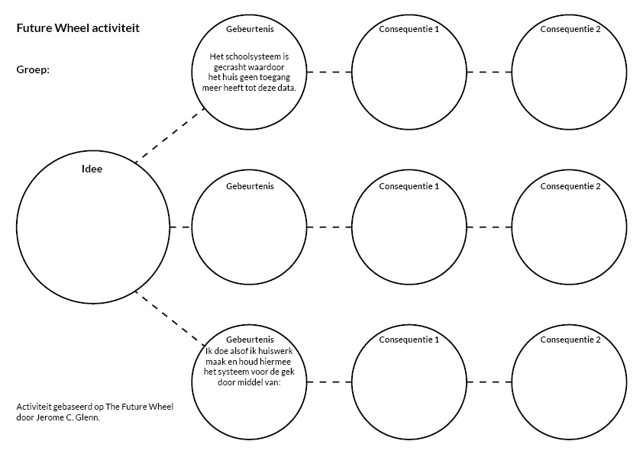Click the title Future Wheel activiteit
tap(77, 28)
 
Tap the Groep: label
tap(32, 69)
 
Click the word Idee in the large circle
tap(92, 169)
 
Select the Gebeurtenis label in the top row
tap(250, 29)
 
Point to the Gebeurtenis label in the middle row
tap(250, 185)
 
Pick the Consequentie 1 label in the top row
tap(409, 29)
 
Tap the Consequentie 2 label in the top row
tap(570, 29)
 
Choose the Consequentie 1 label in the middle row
tap(409, 185)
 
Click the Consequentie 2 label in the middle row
tap(570, 185)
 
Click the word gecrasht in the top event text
tap(233, 66)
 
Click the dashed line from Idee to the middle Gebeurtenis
tap(180, 227)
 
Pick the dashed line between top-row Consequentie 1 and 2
tap(489, 72)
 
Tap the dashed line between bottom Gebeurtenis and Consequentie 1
tap(329, 381)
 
